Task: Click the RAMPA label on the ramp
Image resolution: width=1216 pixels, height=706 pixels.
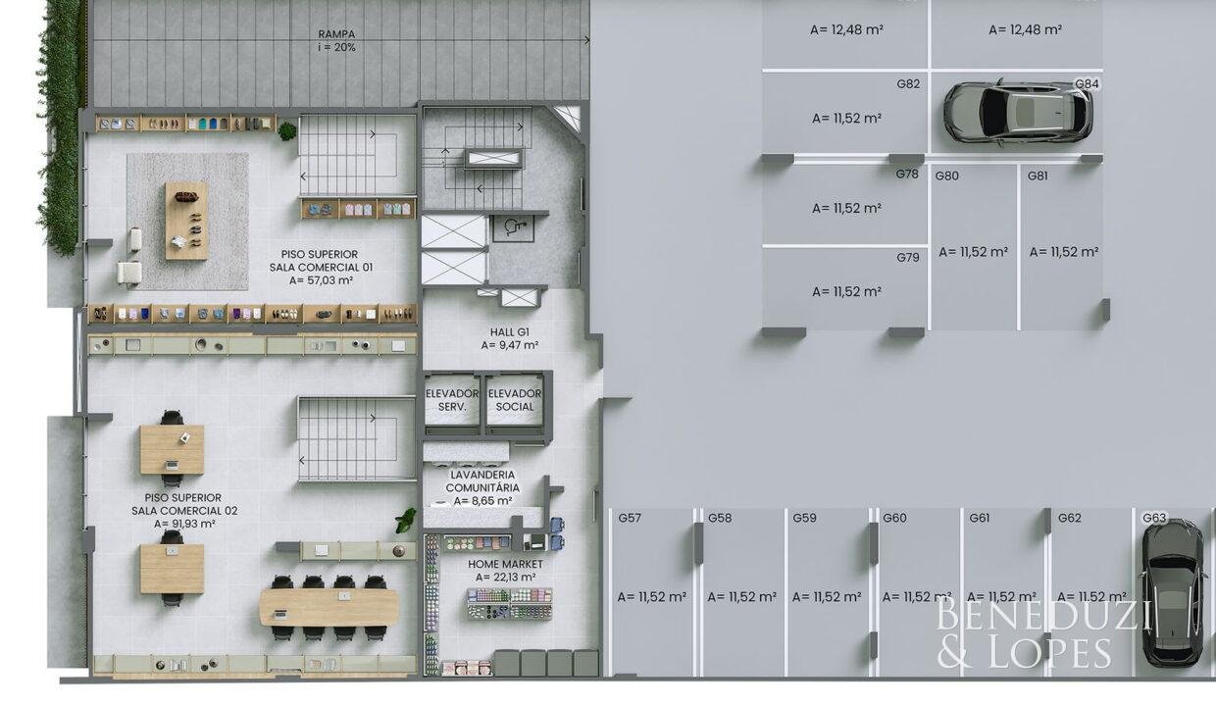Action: click(x=336, y=34)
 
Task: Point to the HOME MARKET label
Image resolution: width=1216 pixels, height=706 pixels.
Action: click(x=505, y=565)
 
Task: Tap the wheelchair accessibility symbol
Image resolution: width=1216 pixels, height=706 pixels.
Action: click(x=512, y=227)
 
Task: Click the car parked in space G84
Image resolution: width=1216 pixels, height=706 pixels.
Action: click(x=1018, y=113)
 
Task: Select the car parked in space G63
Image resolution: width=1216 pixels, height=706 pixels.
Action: click(x=1173, y=592)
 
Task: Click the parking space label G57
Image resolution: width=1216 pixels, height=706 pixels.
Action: click(x=630, y=519)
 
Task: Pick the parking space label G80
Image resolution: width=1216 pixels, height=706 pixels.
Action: click(x=946, y=176)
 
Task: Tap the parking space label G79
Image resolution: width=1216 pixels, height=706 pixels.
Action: click(x=908, y=257)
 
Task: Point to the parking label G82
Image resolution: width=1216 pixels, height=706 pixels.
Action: click(x=908, y=84)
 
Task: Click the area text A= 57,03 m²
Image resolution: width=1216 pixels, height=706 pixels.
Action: click(x=321, y=280)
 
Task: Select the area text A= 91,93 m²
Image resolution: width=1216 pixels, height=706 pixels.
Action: click(x=184, y=524)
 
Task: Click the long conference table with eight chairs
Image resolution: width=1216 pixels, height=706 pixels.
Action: click(x=329, y=607)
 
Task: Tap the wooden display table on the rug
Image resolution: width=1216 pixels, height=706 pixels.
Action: click(x=186, y=221)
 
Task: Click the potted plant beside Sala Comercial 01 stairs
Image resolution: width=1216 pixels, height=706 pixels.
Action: click(x=286, y=130)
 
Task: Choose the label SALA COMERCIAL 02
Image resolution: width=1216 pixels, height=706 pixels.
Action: click(x=184, y=511)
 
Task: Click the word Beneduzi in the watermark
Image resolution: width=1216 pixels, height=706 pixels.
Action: click(x=1043, y=613)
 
